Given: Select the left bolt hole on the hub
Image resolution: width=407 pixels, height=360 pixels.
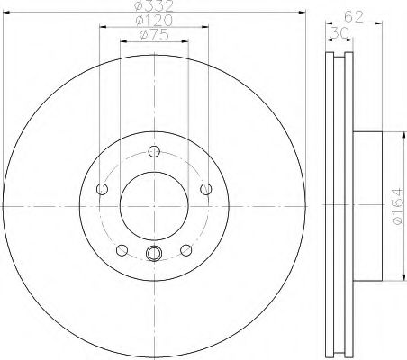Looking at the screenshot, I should (x=102, y=189).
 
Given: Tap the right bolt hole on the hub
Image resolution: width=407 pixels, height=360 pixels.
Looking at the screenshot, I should (x=206, y=189).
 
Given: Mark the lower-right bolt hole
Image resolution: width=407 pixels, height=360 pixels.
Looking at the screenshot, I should (x=186, y=250).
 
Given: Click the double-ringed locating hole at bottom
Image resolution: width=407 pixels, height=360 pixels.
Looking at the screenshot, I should (x=154, y=255).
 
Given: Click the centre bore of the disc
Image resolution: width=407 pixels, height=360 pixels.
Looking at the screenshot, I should (x=154, y=206).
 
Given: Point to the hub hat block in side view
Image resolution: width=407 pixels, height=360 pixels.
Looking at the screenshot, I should (x=368, y=206).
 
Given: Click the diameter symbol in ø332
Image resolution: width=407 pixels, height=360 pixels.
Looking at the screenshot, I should (x=138, y=8).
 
